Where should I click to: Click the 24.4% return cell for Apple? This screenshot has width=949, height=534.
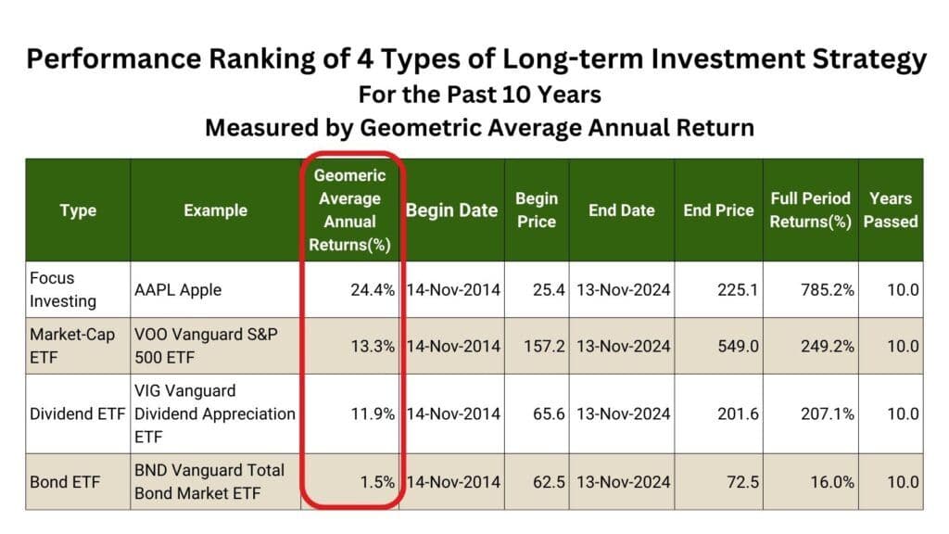[373, 290]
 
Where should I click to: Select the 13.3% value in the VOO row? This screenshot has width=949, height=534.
[373, 346]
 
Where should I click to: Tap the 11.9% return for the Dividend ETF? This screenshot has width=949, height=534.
[373, 413]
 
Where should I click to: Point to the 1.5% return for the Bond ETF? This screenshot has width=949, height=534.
[378, 482]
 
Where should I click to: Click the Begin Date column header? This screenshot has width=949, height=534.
[451, 210]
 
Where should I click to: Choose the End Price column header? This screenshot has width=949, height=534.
[718, 210]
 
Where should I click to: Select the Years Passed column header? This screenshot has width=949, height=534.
[890, 210]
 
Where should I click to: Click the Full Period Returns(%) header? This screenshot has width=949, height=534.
[810, 210]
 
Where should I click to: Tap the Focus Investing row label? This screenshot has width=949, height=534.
[53, 290]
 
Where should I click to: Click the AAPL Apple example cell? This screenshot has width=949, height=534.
[179, 290]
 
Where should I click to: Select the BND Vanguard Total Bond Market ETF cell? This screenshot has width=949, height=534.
[209, 482]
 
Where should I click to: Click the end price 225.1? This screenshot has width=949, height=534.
[738, 290]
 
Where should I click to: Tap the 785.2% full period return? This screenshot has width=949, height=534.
[828, 290]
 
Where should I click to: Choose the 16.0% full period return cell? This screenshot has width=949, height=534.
[832, 482]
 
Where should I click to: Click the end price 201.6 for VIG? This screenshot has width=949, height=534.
[738, 413]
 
